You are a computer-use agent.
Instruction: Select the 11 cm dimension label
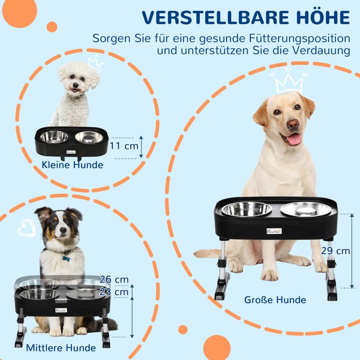[124, 146]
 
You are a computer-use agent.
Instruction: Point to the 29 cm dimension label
[335, 251]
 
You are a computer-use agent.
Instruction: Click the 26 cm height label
[114, 280]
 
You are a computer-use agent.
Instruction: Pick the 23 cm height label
[114, 292]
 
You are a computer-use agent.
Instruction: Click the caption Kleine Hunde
[73, 165]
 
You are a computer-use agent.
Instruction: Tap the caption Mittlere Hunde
[61, 348]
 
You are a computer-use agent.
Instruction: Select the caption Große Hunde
[275, 300]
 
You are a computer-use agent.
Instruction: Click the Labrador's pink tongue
[294, 139]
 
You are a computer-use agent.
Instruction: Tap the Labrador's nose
[293, 124]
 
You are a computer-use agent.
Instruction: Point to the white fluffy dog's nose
[76, 85]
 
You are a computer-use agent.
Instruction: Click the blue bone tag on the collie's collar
[66, 259]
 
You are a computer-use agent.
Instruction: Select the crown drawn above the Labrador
[289, 82]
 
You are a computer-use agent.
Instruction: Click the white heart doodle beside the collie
[27, 229]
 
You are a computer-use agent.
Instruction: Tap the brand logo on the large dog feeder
[274, 231]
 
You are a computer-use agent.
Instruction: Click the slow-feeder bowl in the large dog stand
[305, 209]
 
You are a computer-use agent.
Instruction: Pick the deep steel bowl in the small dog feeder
[54, 137]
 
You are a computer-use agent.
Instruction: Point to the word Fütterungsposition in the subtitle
[299, 38]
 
